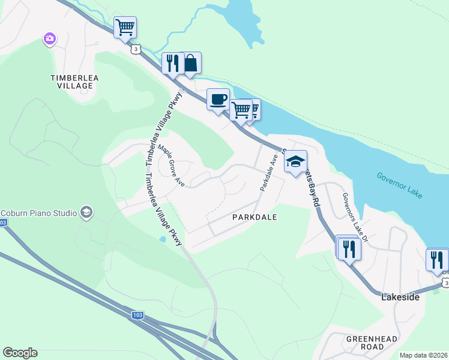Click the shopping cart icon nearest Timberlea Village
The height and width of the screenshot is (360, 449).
[x=125, y=27]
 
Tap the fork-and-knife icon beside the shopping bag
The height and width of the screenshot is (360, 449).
[x=173, y=63]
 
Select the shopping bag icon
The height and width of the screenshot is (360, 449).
[x=190, y=62]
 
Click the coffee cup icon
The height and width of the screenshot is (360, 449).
[x=218, y=98]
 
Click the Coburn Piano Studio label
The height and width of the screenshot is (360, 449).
[x=38, y=212]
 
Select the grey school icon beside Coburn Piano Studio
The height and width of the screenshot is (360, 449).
[x=86, y=212]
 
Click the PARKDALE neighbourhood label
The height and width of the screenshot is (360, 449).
[x=255, y=217]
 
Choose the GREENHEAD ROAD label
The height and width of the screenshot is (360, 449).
[x=372, y=343]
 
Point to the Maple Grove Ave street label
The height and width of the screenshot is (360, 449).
[x=171, y=164]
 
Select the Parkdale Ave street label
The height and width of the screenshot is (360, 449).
[x=268, y=172]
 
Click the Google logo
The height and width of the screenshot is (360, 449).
[x=20, y=353]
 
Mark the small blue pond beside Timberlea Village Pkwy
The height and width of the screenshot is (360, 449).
[x=163, y=239]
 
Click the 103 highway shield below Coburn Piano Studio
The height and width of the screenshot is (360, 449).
[x=3, y=223]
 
